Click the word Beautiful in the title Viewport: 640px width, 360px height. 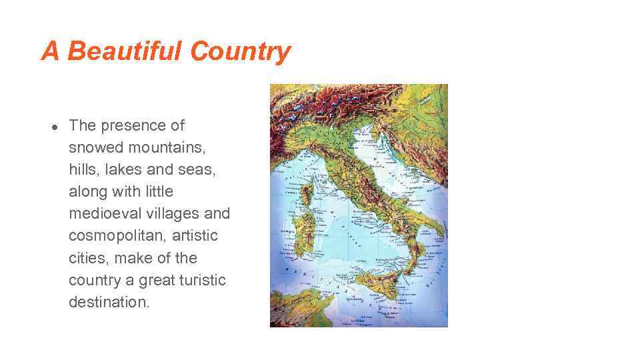(x=124, y=51)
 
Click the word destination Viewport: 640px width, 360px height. (x=109, y=302)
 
